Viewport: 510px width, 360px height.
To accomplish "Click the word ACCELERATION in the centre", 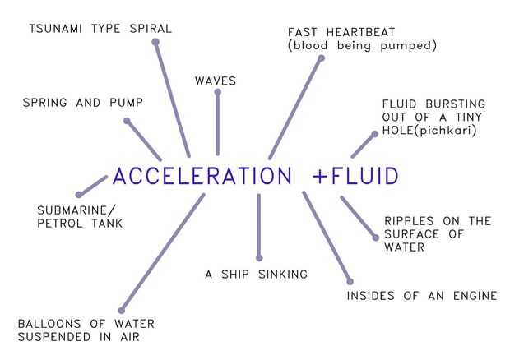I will [202, 177].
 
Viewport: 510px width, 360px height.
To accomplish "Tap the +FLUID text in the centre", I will [355, 177].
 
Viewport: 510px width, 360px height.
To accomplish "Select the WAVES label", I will [216, 81].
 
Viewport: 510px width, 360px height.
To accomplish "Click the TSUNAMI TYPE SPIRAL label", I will [100, 29].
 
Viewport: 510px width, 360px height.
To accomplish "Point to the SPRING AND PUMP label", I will [83, 103].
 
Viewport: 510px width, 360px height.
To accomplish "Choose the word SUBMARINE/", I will [77, 209].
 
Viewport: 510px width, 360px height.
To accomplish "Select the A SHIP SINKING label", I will [256, 274].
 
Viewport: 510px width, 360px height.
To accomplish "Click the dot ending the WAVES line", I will [217, 91].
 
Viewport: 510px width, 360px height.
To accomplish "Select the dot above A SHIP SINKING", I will [259, 257].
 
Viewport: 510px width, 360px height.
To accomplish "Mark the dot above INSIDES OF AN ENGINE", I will [350, 282].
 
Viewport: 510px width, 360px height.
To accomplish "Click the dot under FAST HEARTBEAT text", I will [321, 58].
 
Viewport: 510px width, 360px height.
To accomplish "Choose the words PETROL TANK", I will [80, 223].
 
